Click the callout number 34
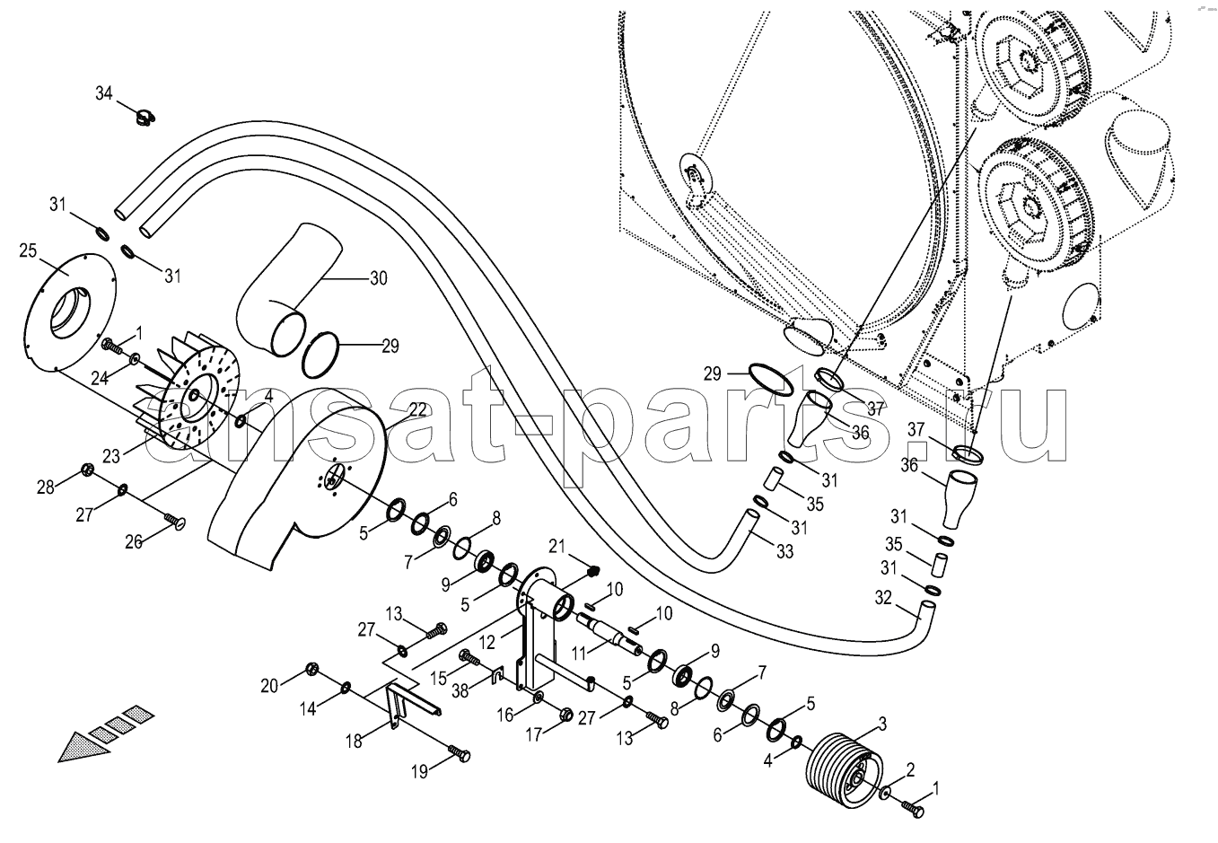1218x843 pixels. coord(104,92)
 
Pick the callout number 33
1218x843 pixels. coord(784,552)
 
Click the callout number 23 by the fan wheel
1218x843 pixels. coord(110,455)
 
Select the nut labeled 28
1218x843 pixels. coord(87,468)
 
